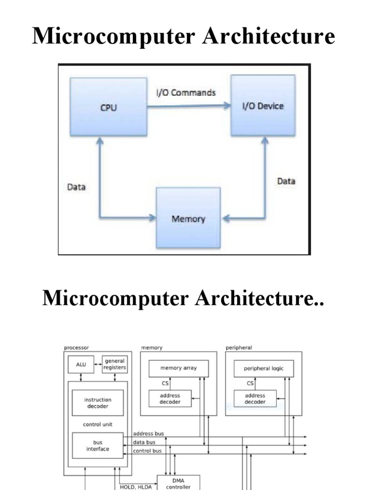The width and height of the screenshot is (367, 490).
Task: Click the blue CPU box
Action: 108,107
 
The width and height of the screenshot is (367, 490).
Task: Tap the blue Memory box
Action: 188,219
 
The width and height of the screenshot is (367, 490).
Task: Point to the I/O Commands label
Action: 186,92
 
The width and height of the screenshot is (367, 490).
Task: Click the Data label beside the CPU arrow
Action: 76,187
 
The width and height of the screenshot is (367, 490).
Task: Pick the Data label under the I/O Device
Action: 286,181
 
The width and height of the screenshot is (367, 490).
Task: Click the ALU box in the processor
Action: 82,365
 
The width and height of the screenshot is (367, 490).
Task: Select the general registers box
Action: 115,365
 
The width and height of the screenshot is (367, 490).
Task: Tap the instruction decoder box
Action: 97,403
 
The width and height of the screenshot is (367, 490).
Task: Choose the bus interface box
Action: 97,445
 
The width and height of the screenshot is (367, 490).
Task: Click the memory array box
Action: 178,368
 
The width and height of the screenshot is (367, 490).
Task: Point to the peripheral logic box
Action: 263,368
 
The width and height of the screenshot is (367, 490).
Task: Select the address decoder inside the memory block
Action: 170,399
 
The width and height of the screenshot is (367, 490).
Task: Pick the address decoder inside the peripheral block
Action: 255,399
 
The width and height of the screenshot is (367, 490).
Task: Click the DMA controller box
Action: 178,483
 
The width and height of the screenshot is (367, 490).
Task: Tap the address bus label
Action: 148,434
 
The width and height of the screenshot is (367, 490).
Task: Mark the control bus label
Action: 147,451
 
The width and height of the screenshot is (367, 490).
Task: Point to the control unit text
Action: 97,424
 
